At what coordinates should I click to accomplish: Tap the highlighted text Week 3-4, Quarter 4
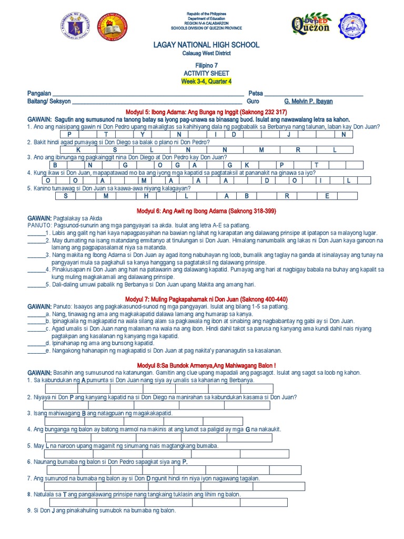206,82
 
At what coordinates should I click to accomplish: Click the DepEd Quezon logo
310,25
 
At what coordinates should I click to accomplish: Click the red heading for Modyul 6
206,211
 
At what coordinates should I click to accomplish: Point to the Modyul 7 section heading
206,299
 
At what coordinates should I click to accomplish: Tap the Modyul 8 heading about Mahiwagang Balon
206,365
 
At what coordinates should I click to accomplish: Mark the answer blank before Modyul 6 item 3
35,254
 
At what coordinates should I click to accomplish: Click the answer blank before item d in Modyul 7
35,343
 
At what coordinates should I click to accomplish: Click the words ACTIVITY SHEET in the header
206,74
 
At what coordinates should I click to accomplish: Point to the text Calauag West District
206,54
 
